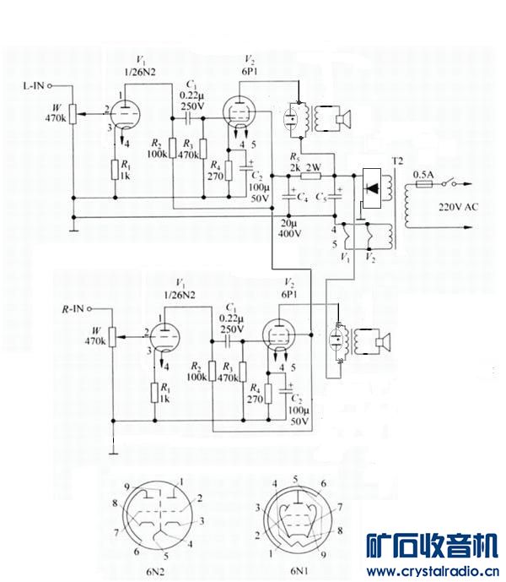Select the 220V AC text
coord(457,206)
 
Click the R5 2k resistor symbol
coord(311,176)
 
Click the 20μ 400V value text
coord(290,227)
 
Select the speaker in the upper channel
coord(342,119)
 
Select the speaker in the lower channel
coord(384,342)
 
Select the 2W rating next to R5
coord(314,166)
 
